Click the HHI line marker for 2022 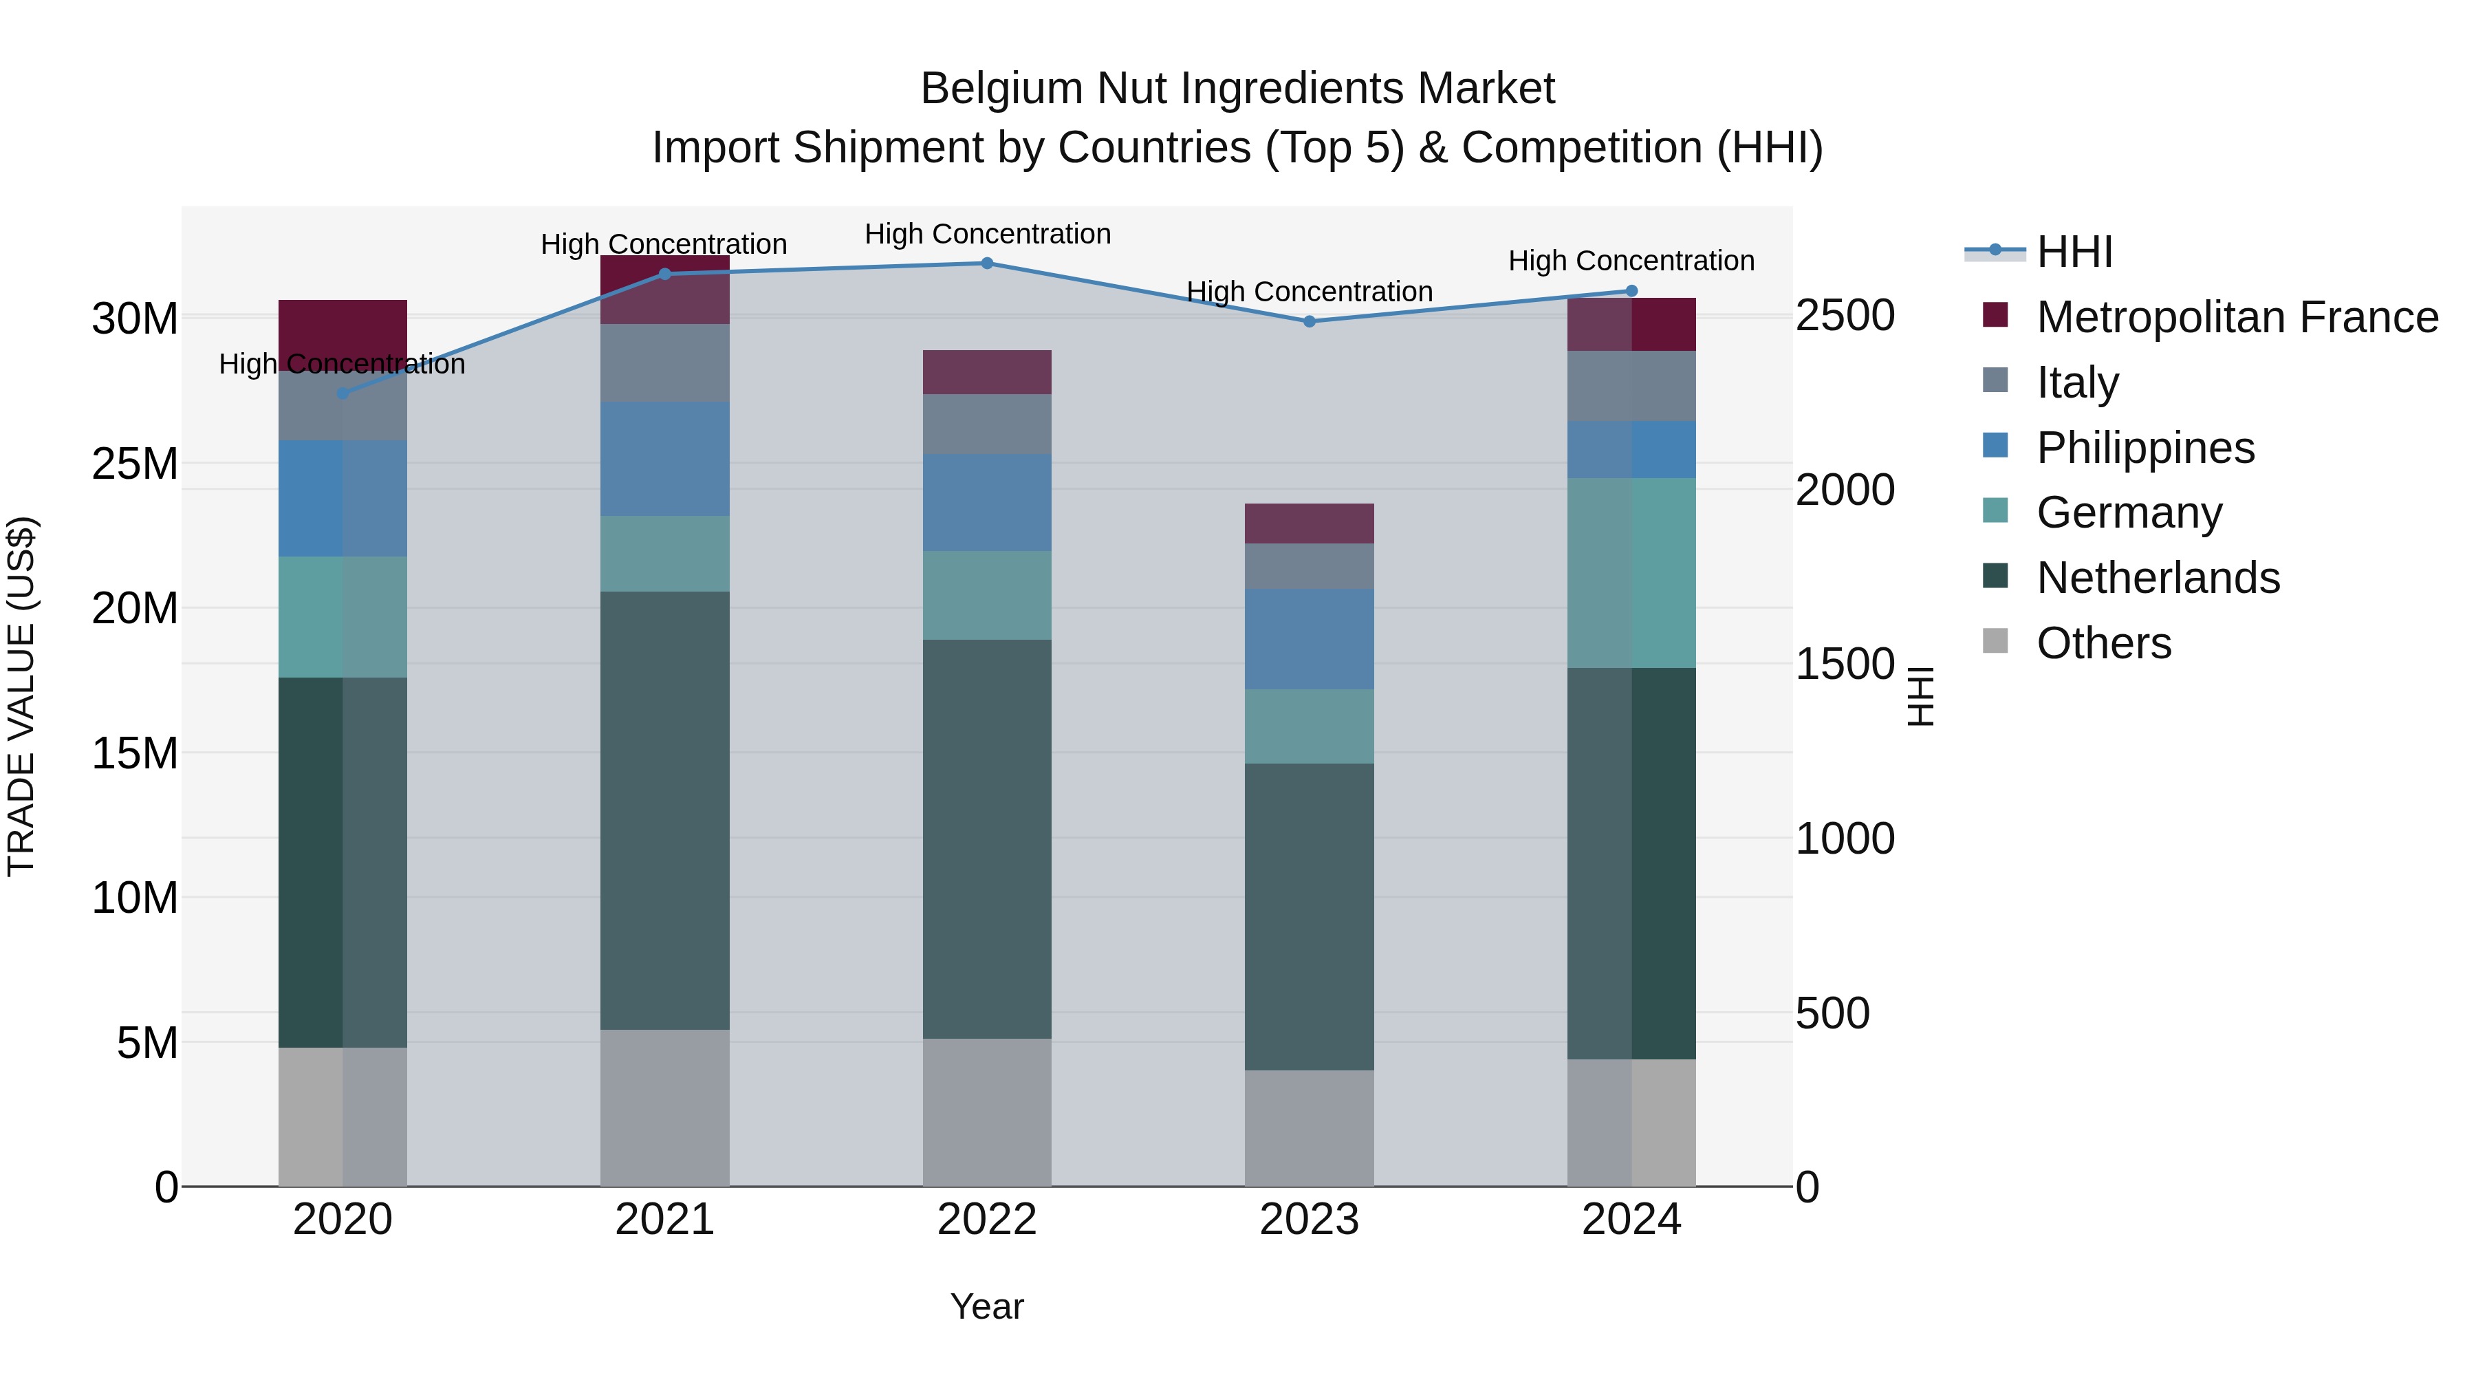(x=987, y=263)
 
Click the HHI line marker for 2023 (x=1309, y=322)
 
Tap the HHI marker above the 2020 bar (x=343, y=393)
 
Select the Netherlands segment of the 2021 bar (x=665, y=810)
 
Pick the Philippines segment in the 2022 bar (x=987, y=503)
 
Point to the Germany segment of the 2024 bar (x=1631, y=573)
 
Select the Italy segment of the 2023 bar (x=1309, y=566)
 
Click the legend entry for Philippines (x=2144, y=448)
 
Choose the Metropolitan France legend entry (x=2237, y=317)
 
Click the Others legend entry (x=2103, y=643)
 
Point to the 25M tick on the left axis (x=135, y=464)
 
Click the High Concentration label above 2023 (x=1309, y=291)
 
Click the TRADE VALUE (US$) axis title (x=22, y=696)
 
